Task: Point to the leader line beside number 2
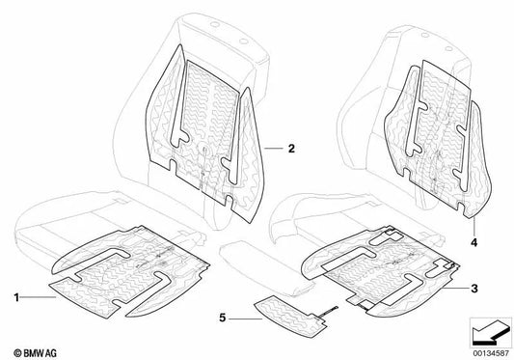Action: pyautogui.click(x=274, y=149)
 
